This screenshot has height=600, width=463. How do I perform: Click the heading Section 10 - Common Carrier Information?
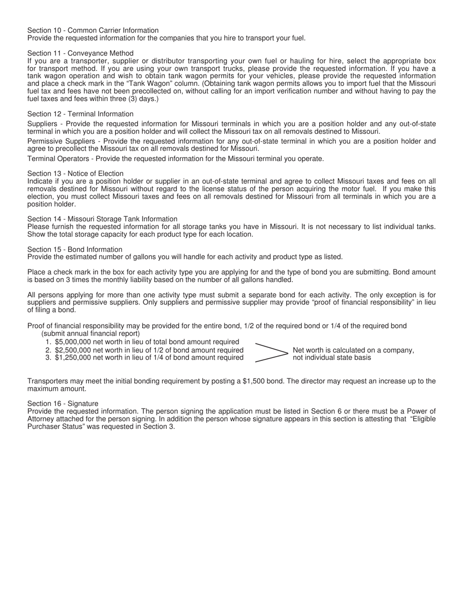(93, 30)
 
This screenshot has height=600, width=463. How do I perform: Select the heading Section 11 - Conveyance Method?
(80, 53)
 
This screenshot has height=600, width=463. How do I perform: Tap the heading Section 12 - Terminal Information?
(80, 114)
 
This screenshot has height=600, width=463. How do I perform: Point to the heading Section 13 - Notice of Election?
(76, 174)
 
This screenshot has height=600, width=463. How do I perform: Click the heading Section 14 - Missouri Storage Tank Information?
(102, 219)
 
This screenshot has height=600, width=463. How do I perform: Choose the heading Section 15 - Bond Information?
(75, 249)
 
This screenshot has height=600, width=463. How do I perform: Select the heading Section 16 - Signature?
(63, 403)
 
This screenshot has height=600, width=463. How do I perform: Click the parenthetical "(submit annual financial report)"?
(91, 334)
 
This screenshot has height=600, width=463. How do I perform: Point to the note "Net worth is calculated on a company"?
(353, 350)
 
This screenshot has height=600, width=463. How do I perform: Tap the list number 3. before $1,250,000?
(48, 358)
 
